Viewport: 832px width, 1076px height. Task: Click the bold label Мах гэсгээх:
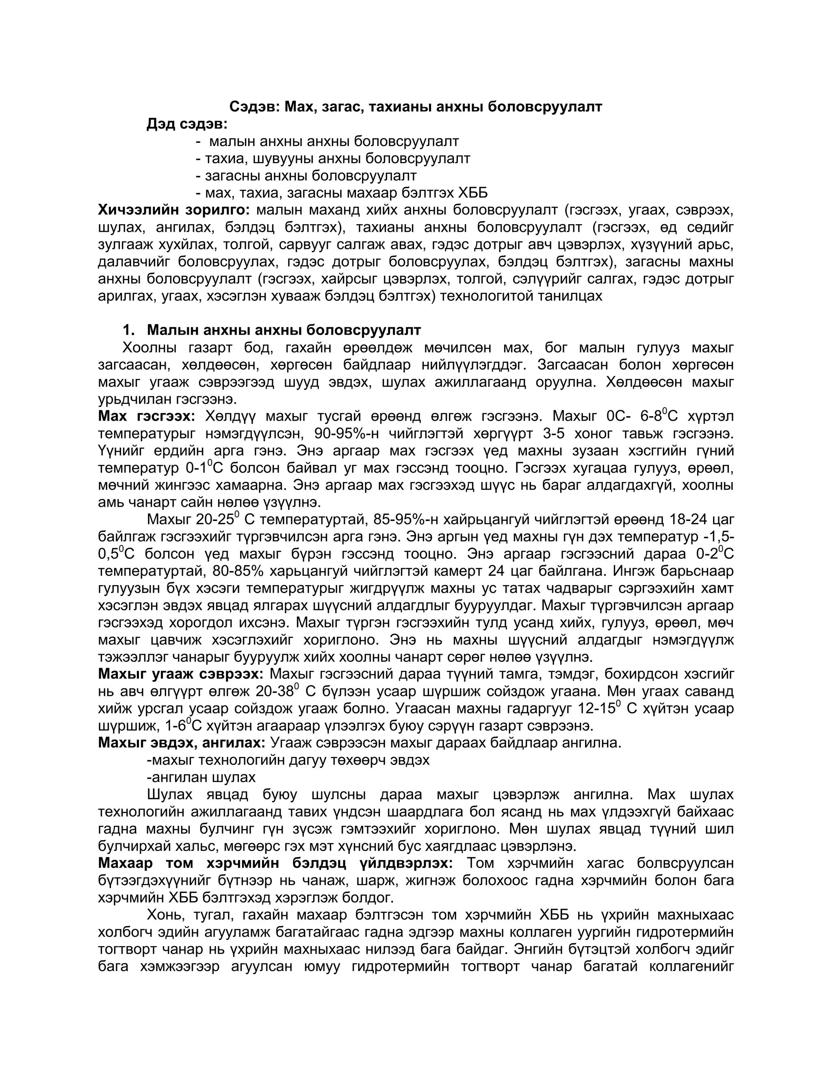146,416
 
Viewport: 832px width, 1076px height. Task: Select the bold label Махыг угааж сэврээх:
181,674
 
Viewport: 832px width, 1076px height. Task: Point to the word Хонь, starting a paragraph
167,915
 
